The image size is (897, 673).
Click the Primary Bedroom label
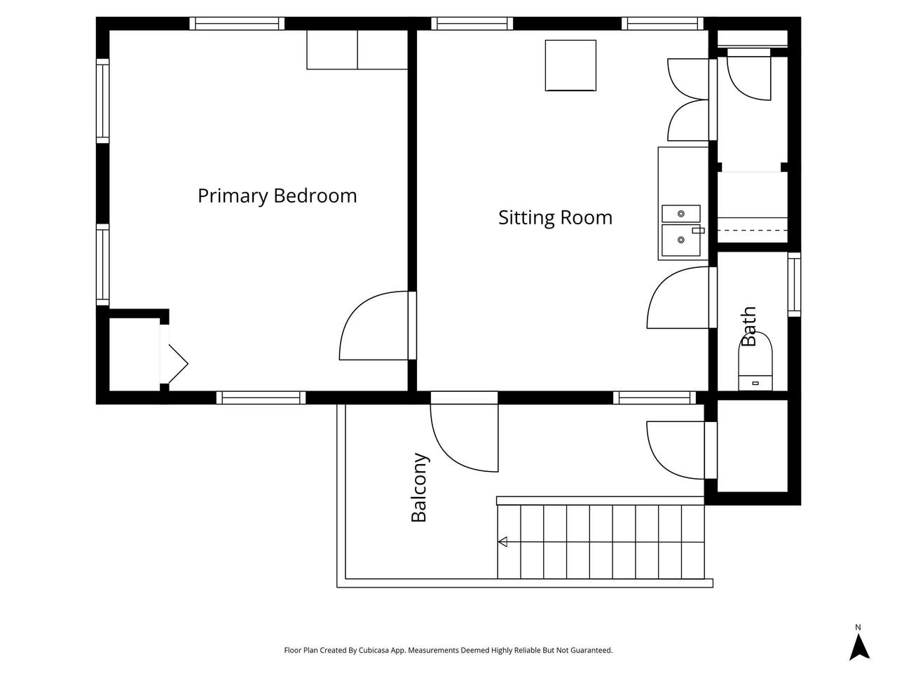point(277,196)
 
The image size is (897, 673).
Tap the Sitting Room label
point(555,217)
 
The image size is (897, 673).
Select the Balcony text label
point(419,487)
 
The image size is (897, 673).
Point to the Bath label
point(748,326)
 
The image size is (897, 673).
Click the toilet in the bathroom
point(755,362)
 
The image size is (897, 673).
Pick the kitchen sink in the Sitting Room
point(681,231)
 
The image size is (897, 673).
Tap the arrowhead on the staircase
point(502,542)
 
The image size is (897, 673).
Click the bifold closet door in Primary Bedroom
point(174,354)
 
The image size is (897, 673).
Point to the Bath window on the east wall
point(794,285)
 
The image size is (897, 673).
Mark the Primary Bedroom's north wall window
point(237,23)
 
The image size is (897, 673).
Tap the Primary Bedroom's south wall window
point(261,397)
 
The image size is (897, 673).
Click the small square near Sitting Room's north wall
point(570,65)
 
